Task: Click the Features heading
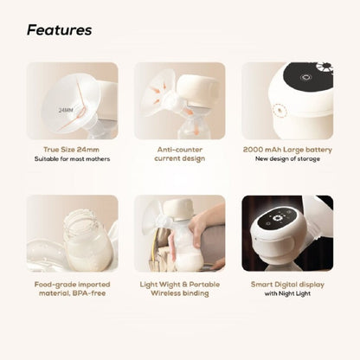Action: pyautogui.click(x=59, y=30)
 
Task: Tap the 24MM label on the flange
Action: pyautogui.click(x=66, y=111)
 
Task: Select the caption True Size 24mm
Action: pyautogui.click(x=72, y=149)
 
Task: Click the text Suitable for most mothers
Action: pyautogui.click(x=72, y=158)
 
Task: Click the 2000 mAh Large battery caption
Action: pyautogui.click(x=287, y=149)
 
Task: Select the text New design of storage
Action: pyautogui.click(x=287, y=158)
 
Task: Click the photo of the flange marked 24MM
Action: pyautogui.click(x=72, y=100)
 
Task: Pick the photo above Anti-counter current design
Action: pyautogui.click(x=179, y=100)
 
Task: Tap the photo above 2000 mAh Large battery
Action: pyautogui.click(x=287, y=100)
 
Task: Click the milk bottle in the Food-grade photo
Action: pyautogui.click(x=86, y=238)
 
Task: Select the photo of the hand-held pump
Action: pyautogui.click(x=179, y=233)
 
